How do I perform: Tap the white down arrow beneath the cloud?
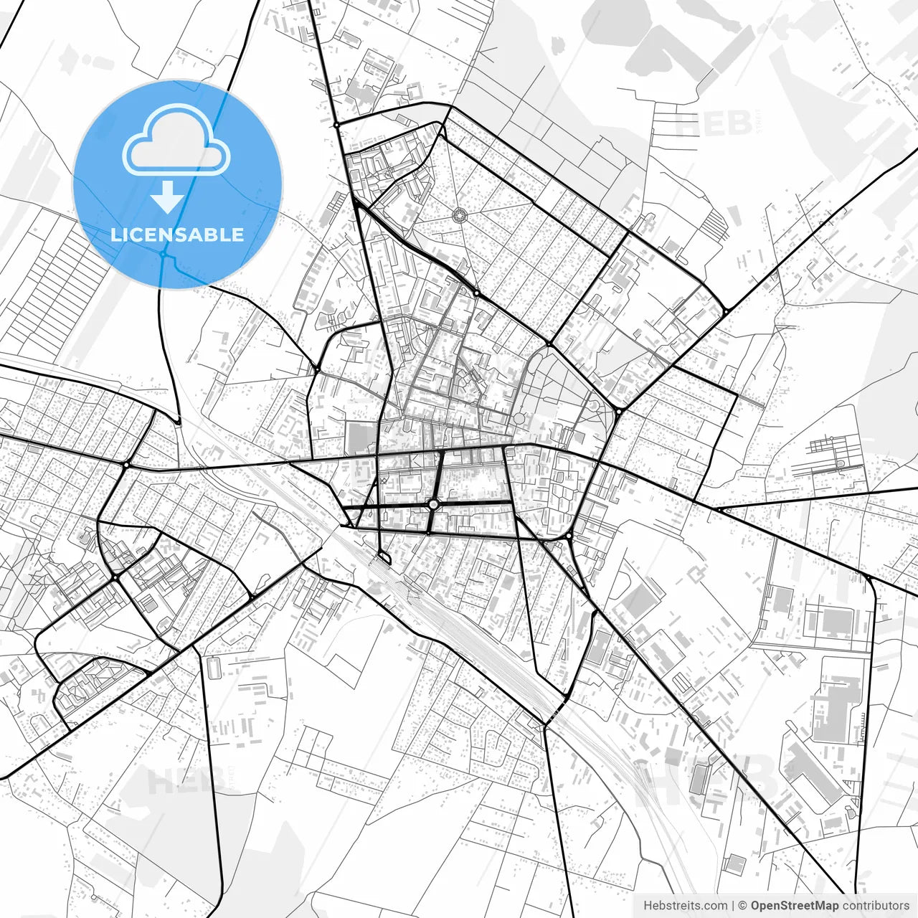pyautogui.click(x=168, y=197)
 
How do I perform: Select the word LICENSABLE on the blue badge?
pyautogui.click(x=177, y=235)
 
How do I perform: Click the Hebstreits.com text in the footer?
pyautogui.click(x=685, y=906)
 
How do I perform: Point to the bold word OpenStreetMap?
pyautogui.click(x=795, y=906)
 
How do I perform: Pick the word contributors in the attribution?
pyautogui.click(x=876, y=906)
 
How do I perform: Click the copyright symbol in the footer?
pyautogui.click(x=743, y=906)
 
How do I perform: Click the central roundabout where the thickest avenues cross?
pyautogui.click(x=433, y=505)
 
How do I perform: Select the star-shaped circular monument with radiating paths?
pyautogui.click(x=459, y=214)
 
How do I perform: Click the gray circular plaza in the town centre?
pyautogui.click(x=519, y=418)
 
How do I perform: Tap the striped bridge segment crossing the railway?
pyautogui.click(x=554, y=714)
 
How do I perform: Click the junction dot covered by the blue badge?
pyautogui.click(x=164, y=255)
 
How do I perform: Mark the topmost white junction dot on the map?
pyautogui.click(x=336, y=125)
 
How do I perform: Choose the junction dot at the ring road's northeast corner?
pyautogui.click(x=726, y=311)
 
